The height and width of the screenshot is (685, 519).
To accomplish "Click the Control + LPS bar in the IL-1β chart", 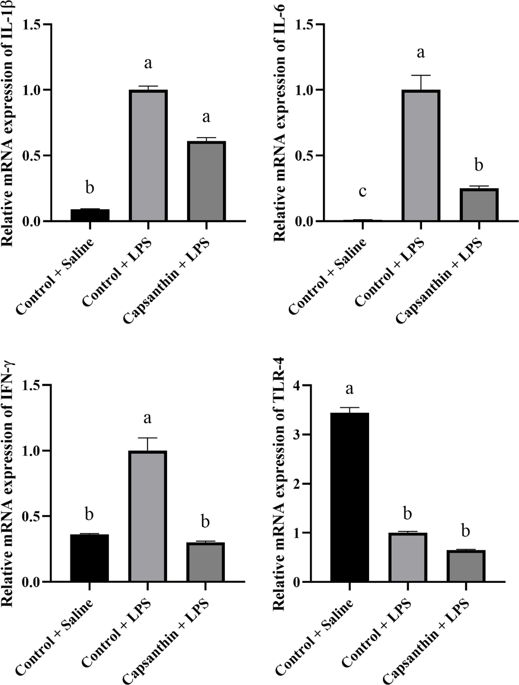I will click(x=148, y=156).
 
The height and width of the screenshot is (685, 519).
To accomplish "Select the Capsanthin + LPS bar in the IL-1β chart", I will click(x=206, y=181).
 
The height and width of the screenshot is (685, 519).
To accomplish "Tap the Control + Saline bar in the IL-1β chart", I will click(x=90, y=215).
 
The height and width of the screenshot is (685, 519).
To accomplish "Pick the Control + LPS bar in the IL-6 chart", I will click(x=421, y=156).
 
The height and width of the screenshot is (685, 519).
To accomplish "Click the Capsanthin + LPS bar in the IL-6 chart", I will click(x=479, y=205).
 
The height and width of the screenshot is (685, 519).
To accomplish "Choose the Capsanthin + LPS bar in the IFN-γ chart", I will click(x=205, y=562).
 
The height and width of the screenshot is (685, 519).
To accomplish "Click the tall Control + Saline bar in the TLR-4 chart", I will click(x=350, y=497).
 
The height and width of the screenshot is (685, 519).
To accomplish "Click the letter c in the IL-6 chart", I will click(x=363, y=191).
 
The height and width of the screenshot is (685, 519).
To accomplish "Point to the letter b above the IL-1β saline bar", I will click(x=90, y=188).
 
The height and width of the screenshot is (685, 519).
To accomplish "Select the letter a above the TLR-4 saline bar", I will click(x=350, y=389).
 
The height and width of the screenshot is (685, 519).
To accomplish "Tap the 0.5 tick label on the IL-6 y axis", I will click(x=303, y=156).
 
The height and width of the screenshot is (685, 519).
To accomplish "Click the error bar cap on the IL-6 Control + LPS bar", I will click(x=421, y=75).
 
